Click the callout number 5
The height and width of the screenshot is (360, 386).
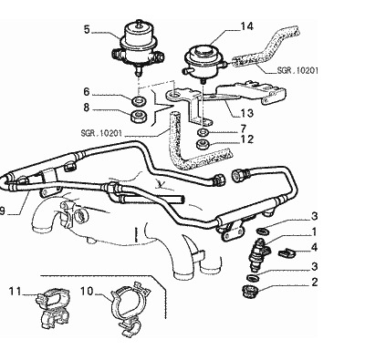pyautogui.click(x=87, y=30)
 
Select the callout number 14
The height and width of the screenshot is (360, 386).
pyautogui.click(x=246, y=26)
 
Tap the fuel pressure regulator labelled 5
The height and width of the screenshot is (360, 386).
pyautogui.click(x=138, y=47)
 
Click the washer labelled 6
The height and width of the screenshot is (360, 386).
pyautogui.click(x=140, y=101)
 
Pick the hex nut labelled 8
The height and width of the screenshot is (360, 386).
pyautogui.click(x=139, y=117)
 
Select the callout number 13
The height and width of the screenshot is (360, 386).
pyautogui.click(x=247, y=113)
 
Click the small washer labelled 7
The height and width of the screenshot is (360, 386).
pyautogui.click(x=203, y=132)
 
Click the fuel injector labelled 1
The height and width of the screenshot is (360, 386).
pyautogui.click(x=259, y=254)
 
